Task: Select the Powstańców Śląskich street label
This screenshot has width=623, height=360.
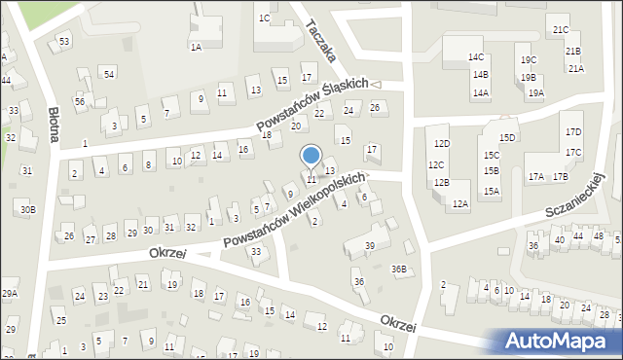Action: coord(311,105)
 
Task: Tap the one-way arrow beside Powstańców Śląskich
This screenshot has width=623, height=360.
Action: coord(376,85)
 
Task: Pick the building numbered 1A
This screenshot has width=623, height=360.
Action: coord(196,47)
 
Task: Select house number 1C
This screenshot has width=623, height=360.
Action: coord(264,18)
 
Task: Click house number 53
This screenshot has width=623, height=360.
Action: coord(64,42)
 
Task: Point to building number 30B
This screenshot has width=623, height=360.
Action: coord(28,209)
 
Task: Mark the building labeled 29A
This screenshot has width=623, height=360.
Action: coord(10,293)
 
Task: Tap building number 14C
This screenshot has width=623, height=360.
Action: coord(475,57)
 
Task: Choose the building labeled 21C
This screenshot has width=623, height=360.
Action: coord(561,30)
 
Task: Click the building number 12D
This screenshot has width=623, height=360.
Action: coord(442,143)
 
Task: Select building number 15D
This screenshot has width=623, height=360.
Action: coord(507,137)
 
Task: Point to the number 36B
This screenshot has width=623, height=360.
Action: coord(399,269)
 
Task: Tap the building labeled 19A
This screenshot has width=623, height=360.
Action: coord(535,93)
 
